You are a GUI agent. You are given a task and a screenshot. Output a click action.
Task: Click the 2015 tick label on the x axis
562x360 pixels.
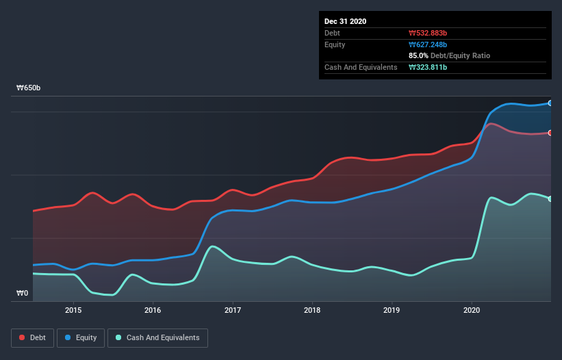tap(73, 309)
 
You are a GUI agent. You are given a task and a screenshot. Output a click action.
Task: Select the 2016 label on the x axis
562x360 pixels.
tap(153, 309)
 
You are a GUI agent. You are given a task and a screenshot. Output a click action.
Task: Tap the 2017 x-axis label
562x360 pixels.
tap(233, 309)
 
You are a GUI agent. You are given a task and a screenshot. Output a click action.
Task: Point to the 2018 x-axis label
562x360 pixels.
tap(312, 309)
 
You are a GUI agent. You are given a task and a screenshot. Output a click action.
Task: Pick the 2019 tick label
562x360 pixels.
tap(392, 309)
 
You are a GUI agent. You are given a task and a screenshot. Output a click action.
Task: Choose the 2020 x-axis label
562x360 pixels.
tap(472, 309)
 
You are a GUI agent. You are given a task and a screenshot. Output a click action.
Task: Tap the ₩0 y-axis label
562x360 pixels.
tap(23, 294)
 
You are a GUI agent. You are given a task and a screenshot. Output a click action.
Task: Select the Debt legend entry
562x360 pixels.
tap(31, 337)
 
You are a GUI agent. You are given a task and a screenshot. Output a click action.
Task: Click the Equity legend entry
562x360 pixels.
tap(81, 337)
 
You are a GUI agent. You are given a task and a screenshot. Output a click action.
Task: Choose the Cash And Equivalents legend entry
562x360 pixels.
tap(157, 337)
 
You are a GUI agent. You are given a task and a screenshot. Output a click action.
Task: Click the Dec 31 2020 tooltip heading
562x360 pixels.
tap(345, 21)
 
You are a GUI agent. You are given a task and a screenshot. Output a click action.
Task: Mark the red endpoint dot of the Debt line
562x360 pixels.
tap(550, 132)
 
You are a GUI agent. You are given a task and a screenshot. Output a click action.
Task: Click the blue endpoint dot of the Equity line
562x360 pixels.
tap(550, 103)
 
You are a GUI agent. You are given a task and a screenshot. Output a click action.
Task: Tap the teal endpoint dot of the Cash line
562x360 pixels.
tap(550, 198)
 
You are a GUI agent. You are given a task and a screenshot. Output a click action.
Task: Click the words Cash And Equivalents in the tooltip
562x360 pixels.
tap(361, 67)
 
